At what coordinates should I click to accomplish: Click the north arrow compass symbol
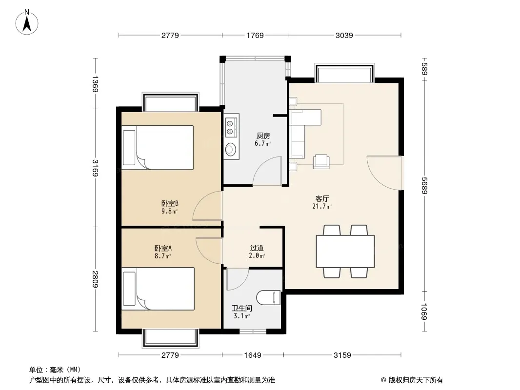[27, 22]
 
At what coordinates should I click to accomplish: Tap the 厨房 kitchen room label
[263, 136]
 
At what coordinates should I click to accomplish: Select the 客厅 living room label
[322, 198]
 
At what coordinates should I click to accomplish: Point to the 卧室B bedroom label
[170, 203]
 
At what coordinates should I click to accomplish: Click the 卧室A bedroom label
[163, 248]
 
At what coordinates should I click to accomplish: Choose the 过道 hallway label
[257, 248]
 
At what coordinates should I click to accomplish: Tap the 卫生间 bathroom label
[242, 309]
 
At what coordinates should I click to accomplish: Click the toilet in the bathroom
[269, 297]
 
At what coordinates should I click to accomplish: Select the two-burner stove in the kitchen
[231, 128]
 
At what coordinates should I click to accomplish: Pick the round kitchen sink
[230, 149]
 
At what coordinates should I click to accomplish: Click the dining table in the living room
[345, 251]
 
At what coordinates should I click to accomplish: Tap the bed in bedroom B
[158, 147]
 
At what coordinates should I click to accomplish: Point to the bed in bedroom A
[158, 289]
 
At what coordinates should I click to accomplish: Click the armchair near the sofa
[321, 162]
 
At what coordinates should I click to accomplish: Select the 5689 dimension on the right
[424, 186]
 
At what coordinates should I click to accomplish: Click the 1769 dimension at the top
[255, 35]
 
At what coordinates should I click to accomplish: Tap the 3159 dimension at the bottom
[342, 355]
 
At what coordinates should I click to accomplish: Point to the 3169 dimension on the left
[95, 168]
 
